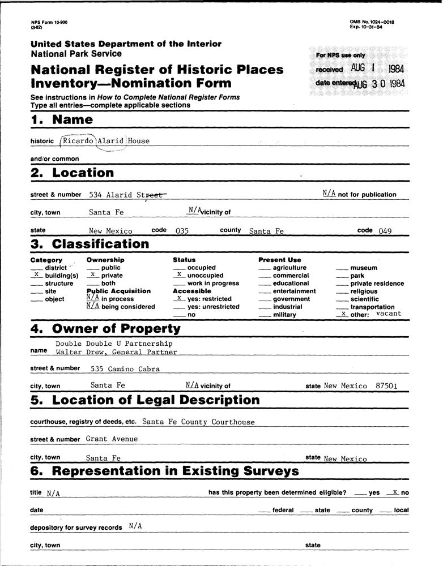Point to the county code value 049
coord(386,231)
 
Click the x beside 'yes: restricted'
coord(178,298)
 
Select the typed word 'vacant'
coord(388,313)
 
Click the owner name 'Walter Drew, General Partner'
coord(116,352)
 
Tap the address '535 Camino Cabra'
coord(125,369)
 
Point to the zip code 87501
coord(386,386)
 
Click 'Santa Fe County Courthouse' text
coord(199,422)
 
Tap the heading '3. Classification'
coord(90,245)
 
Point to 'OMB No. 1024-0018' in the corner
coord(372,22)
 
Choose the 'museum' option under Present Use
coord(363,268)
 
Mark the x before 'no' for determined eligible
coord(395,492)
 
